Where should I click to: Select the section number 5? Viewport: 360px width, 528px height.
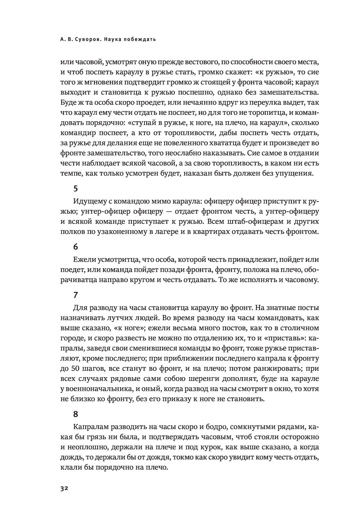75,188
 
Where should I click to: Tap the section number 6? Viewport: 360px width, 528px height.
75,247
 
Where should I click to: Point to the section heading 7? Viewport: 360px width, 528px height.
75,295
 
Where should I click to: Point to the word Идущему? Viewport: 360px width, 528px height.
89,200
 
